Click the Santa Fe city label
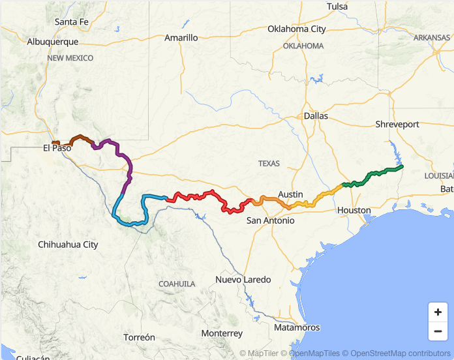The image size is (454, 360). coord(71,22)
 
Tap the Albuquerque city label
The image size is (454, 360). coord(53,41)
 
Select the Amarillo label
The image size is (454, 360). coord(181,38)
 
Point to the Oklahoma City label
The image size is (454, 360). coord(296,29)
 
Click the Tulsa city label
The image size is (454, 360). coord(337,7)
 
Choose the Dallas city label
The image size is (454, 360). coord(316,115)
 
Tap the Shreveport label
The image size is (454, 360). coord(397,124)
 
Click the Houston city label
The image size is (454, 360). coord(354,210)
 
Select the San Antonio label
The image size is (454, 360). coord(270,220)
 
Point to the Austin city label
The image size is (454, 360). coord(290,194)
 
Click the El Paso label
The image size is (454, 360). coord(57,148)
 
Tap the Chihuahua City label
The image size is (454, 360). coord(68,245)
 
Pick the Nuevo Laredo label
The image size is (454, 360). coord(243,280)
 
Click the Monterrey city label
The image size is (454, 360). coord(222,333)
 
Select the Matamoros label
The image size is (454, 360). coord(297,327)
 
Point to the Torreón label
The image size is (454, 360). coord(140,337)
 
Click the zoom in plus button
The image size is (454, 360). coord(438,312)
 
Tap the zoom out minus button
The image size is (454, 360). coord(438,331)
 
